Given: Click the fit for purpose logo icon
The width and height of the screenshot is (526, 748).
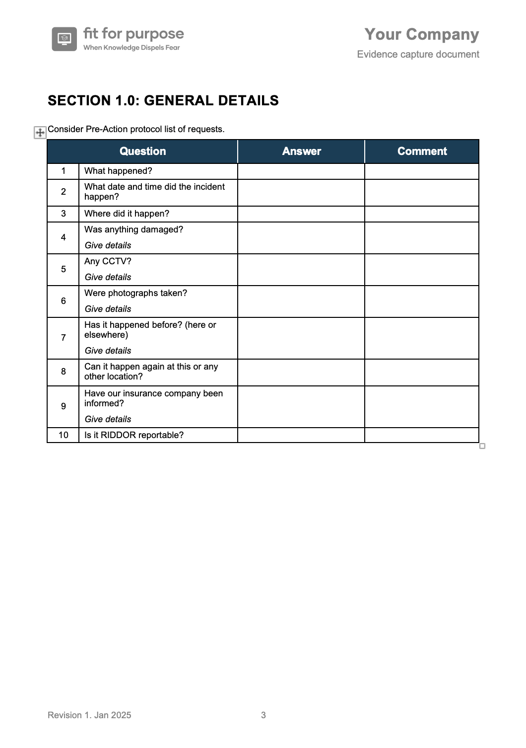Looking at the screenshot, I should [64, 39].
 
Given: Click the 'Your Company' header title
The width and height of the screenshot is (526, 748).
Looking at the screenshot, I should [421, 34].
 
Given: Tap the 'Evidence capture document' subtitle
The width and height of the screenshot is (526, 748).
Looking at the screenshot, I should [418, 54].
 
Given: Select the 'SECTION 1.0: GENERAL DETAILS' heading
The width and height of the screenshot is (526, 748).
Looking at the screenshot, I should [163, 100].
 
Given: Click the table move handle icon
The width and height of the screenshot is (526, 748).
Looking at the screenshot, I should [40, 133].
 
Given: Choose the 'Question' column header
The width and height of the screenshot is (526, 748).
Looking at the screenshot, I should [142, 151].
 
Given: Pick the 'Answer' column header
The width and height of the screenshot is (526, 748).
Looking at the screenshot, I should [301, 151].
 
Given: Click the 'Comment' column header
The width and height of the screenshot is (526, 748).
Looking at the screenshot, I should [422, 151].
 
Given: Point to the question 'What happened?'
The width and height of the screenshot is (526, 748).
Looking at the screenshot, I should [118, 171].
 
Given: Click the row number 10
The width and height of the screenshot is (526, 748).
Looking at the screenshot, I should [63, 435].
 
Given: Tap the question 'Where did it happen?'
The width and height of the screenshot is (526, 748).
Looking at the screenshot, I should [127, 214].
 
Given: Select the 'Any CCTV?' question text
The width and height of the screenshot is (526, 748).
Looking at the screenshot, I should [108, 261].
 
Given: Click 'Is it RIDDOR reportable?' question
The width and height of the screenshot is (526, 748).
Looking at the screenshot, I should [134, 435].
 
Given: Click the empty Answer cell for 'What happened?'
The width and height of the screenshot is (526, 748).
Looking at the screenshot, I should [301, 171].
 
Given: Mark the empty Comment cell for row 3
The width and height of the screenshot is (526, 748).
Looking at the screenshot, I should [422, 214].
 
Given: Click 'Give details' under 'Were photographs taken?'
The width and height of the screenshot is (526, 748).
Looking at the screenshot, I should [108, 309].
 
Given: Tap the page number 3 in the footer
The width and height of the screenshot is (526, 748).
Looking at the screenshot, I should [263, 715].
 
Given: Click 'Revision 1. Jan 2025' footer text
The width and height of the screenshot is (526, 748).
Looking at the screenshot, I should [89, 715].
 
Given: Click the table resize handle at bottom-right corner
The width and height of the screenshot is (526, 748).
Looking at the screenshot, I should [482, 446].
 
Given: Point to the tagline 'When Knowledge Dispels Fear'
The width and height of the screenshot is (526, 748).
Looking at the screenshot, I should [131, 48].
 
